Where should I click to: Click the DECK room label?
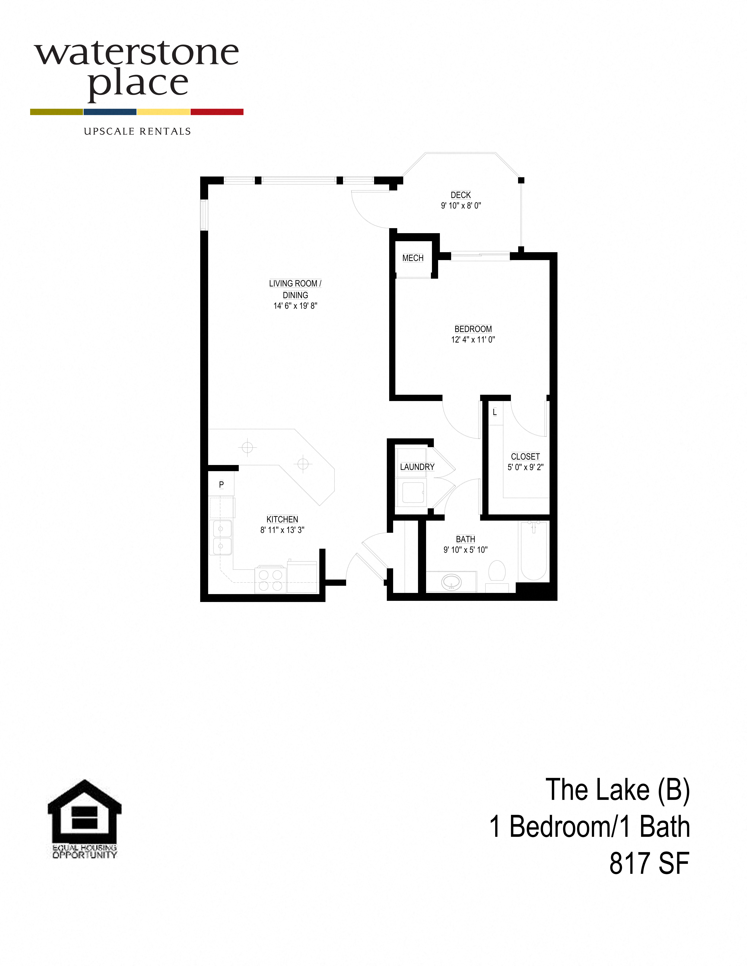[x=461, y=195]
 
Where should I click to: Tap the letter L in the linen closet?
[x=495, y=412]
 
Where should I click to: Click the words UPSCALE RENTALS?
[x=137, y=131]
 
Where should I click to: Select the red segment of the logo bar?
[x=217, y=112]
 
